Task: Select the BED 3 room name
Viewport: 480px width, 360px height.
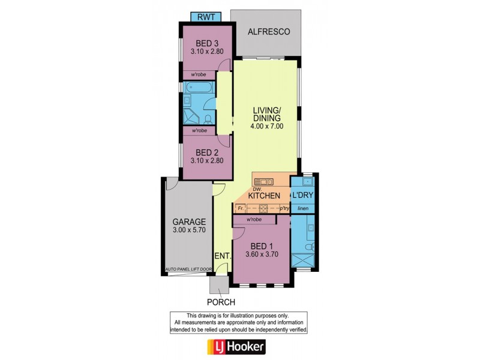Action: click(207, 43)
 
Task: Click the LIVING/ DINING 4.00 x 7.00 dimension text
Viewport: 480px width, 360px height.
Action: click(266, 127)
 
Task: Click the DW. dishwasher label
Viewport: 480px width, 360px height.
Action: click(258, 189)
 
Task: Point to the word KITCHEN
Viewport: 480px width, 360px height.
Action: click(265, 196)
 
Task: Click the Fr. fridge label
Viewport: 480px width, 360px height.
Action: click(241, 208)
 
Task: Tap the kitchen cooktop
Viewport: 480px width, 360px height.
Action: click(262, 209)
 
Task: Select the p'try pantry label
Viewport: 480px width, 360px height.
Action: click(285, 208)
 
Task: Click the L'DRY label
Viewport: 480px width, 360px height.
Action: click(304, 196)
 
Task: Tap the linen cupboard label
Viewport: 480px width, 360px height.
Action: click(304, 208)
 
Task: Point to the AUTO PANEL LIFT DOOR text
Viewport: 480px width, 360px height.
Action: click(187, 269)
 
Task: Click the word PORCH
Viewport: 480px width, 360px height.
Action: click(220, 302)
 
